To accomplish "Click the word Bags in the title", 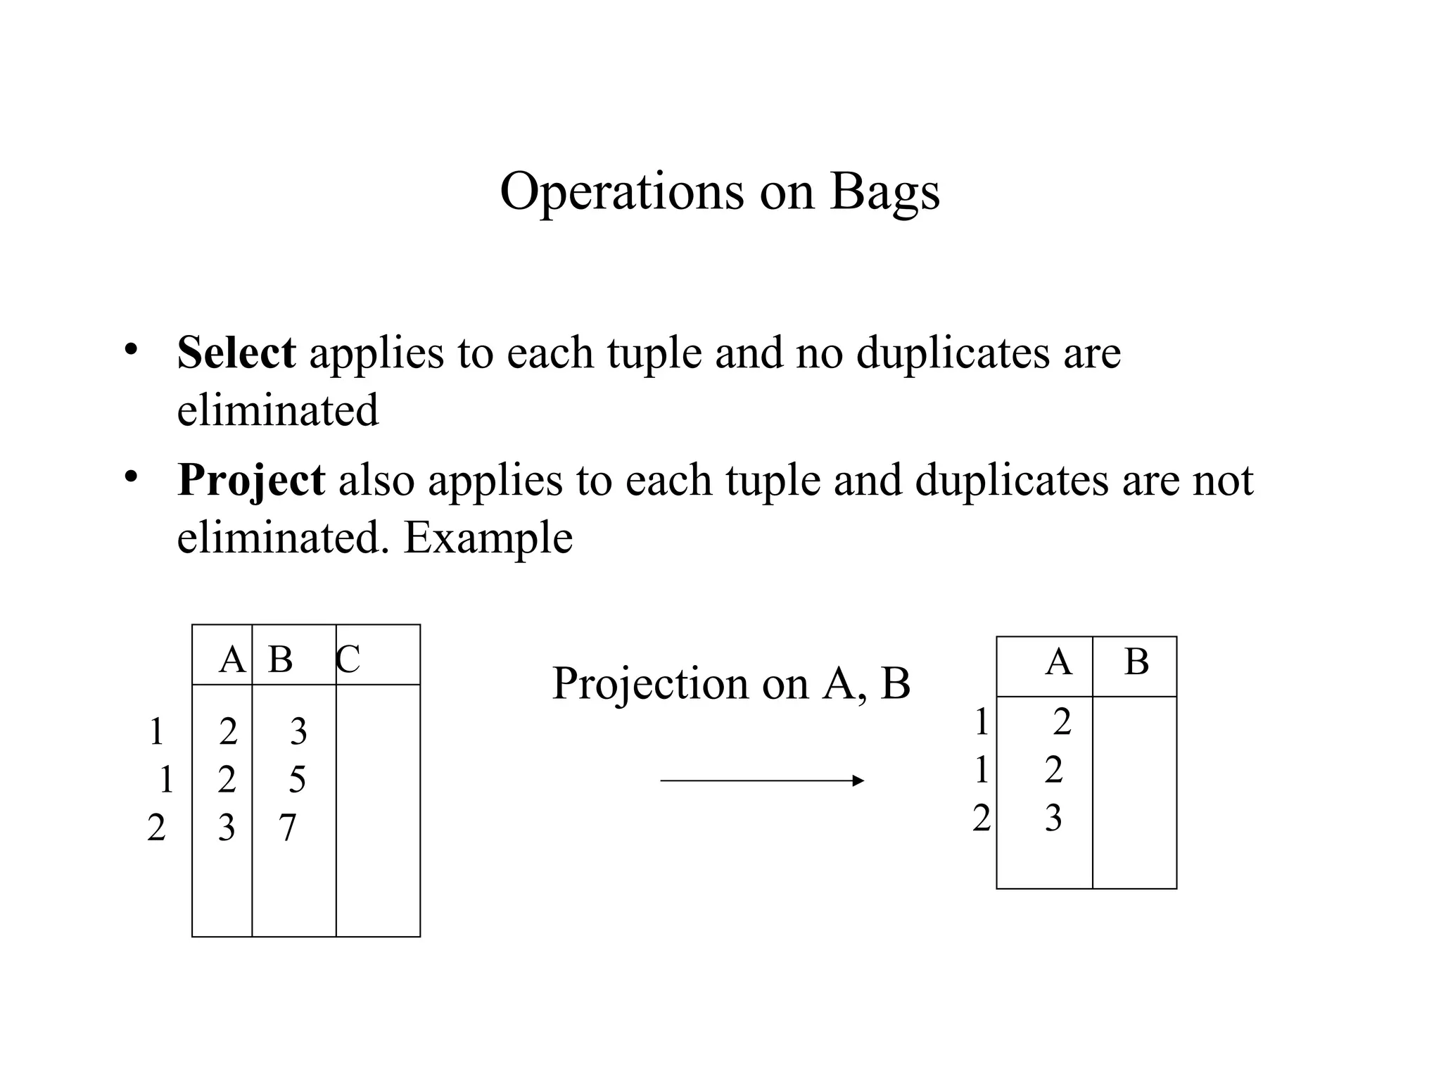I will click(884, 191).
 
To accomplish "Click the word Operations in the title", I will click(621, 191).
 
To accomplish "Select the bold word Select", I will click(236, 352).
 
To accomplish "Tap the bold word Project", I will click(251, 481).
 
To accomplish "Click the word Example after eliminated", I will click(488, 538).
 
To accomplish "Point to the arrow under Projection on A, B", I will click(761, 780).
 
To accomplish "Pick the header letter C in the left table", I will click(348, 660).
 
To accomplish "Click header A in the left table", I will click(231, 660).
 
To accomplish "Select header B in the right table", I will click(1136, 662).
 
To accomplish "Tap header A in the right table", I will click(1058, 662).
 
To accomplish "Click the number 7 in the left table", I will click(287, 828).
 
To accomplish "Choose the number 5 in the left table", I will click(297, 780).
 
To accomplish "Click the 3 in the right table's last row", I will click(1053, 818).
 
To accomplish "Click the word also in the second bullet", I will click(376, 481).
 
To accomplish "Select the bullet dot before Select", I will click(130, 349).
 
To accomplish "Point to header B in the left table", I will click(280, 660).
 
